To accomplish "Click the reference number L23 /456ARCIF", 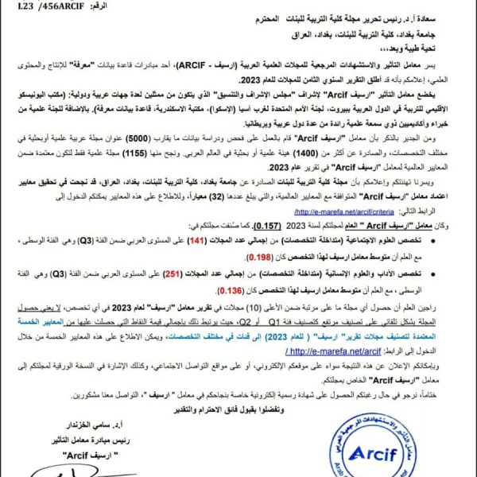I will click(48, 6).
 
